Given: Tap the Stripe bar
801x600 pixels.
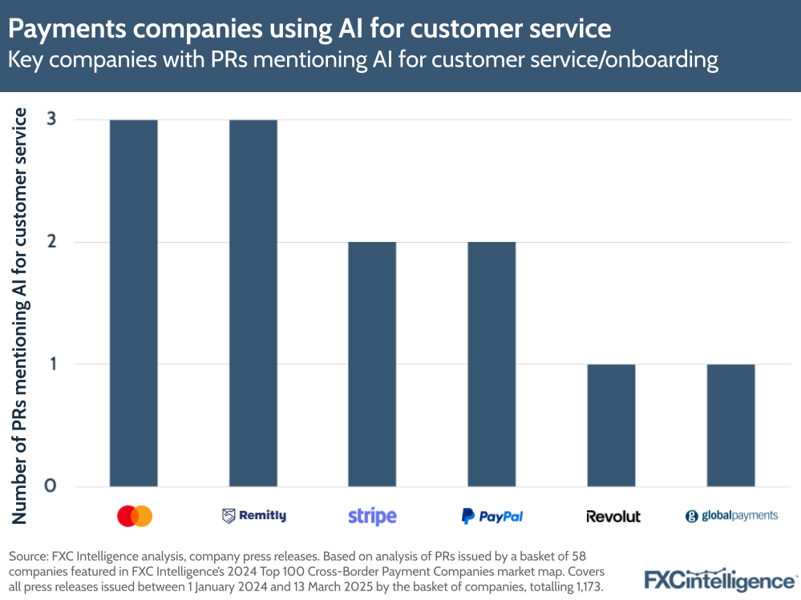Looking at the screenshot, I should [x=372, y=364].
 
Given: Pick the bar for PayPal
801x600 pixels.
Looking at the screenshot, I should [x=492, y=364].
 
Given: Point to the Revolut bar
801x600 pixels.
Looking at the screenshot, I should [x=611, y=425].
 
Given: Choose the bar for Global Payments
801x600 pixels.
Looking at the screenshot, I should [x=730, y=425].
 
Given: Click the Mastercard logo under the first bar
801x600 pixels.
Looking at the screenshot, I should [x=134, y=516].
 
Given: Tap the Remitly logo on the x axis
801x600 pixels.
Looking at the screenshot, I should [x=253, y=516].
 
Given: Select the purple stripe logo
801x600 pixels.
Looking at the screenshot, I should [x=372, y=516].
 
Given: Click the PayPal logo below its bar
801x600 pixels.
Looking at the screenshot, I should [x=492, y=516].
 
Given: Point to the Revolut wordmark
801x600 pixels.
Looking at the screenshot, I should [x=613, y=516].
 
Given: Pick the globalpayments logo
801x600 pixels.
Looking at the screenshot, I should [x=731, y=516].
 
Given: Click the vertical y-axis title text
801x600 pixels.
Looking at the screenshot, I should [x=20, y=316].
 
